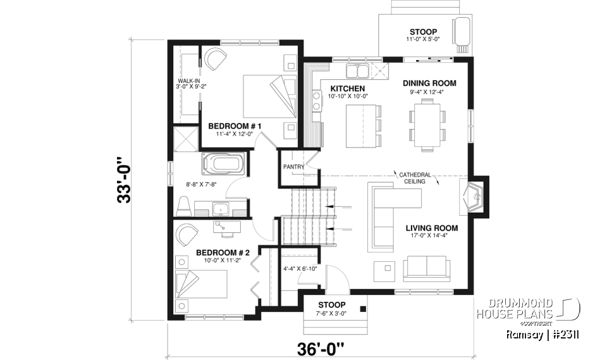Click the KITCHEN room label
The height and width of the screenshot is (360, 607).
click(x=347, y=88)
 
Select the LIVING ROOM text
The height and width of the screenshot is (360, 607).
click(x=431, y=228)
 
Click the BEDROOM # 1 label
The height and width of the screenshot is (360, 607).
click(x=235, y=127)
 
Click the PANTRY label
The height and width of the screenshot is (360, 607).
click(x=294, y=167)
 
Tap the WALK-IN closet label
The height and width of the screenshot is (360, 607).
click(x=189, y=82)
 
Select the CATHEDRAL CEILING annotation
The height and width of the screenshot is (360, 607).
click(x=415, y=178)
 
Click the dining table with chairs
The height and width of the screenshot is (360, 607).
click(x=426, y=126)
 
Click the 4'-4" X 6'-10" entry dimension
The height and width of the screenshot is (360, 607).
click(x=300, y=269)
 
